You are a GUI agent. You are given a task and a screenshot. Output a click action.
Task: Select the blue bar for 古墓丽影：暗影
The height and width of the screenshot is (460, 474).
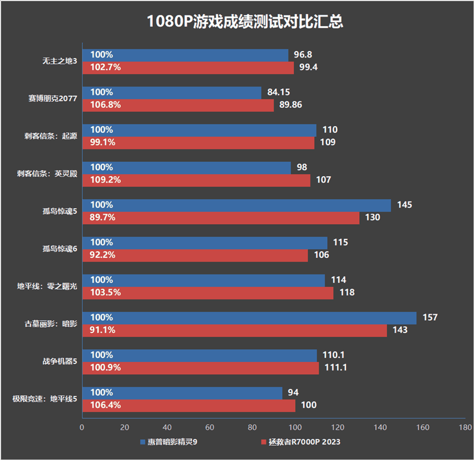249,318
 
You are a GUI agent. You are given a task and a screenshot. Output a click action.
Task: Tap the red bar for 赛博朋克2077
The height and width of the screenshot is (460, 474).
178,105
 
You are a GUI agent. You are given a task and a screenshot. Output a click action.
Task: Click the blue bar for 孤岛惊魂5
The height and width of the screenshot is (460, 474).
236,205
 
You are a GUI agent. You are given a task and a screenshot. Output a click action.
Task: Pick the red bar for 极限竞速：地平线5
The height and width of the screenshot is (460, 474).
188,405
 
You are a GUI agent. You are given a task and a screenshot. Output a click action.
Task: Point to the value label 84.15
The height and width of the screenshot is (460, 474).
279,92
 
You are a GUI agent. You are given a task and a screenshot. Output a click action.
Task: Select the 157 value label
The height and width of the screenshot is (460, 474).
430,318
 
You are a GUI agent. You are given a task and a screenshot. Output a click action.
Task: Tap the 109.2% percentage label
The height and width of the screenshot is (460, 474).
105,180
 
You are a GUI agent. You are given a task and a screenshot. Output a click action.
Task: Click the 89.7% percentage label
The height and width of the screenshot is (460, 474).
103,218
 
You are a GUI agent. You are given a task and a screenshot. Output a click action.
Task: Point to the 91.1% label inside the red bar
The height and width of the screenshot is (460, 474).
103,330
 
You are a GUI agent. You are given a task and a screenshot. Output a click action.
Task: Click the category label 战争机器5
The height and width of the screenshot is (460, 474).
60,362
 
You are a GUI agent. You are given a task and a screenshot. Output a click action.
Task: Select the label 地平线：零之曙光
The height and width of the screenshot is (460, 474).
47,286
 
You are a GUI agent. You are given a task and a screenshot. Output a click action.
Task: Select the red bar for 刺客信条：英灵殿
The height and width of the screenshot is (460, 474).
196,180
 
